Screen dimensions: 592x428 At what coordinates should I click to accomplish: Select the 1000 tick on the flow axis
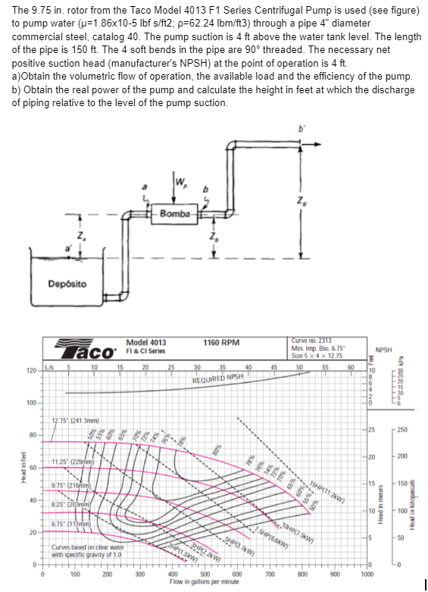[x=367, y=575]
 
